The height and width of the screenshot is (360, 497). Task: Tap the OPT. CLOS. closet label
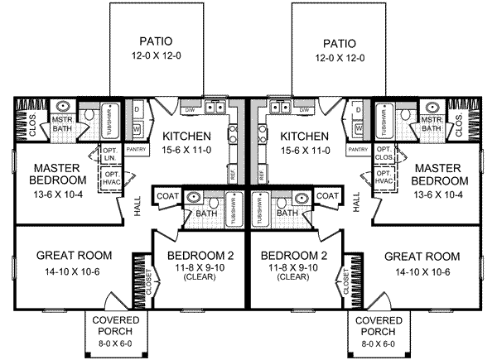tap(383, 155)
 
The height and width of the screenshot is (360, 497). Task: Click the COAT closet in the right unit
tap(327, 196)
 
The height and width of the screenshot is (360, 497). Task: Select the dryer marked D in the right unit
tap(358, 110)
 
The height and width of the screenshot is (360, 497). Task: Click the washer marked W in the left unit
tap(137, 128)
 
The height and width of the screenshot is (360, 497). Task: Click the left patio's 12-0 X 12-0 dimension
tap(157, 58)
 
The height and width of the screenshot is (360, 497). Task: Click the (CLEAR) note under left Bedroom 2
tap(199, 280)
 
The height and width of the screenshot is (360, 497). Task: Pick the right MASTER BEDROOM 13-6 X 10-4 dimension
tap(437, 195)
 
